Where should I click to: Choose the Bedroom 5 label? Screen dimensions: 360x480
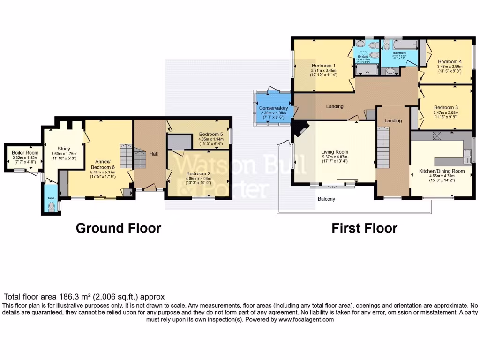click(x=211, y=134)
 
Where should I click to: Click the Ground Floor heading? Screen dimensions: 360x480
click(x=118, y=228)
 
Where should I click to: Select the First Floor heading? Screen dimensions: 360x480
click(x=364, y=228)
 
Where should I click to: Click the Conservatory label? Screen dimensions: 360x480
click(x=273, y=108)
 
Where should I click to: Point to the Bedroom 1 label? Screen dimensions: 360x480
click(x=323, y=66)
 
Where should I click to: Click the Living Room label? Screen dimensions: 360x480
click(x=335, y=152)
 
